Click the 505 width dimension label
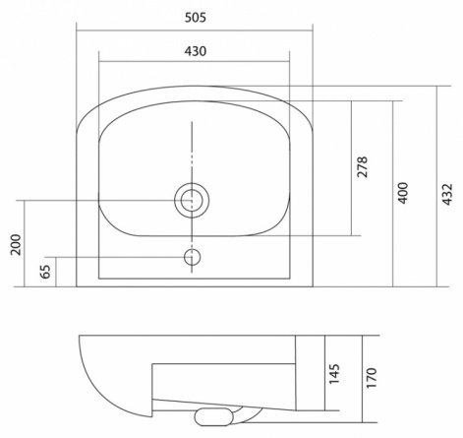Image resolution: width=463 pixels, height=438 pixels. pos(196,18)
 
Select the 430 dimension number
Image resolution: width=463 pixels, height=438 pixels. pos(196,51)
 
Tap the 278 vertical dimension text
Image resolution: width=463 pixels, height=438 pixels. pos(363,167)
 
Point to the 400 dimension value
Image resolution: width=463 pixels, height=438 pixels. pos(403,193)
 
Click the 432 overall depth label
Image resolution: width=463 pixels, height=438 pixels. pos(447,195)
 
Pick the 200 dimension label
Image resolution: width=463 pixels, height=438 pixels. pos(16,244)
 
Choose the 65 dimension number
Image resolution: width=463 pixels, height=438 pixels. pos(45,272)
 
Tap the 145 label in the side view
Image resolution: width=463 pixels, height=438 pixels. pos(334,374)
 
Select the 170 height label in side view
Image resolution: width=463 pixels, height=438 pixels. pos(372,378)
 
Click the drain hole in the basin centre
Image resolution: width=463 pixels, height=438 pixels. pos(192,200)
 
